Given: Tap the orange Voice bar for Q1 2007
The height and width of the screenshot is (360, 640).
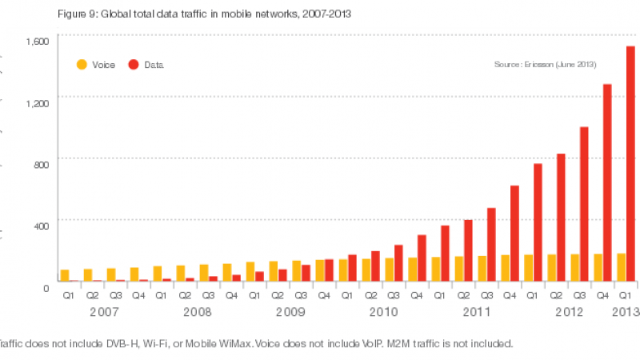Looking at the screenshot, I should coord(65,275).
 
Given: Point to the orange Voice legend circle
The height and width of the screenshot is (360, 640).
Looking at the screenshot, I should coord(81,65).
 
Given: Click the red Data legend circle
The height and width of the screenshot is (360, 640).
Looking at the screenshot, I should coord(134,65).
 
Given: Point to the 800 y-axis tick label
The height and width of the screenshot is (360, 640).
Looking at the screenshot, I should coord(41,164).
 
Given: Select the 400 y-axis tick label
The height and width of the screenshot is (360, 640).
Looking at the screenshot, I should coord(41,226).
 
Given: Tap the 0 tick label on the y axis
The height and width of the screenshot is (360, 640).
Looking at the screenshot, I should coord(46,286).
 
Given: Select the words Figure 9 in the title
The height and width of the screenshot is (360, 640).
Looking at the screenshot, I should coord(74,13).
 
